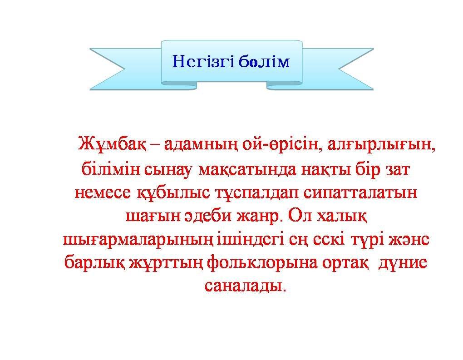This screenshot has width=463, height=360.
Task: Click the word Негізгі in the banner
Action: (203, 62)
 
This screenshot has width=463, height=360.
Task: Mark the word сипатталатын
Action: (360, 193)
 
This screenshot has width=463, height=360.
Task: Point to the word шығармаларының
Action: (138, 240)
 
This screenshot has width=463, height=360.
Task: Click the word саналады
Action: (246, 286)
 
